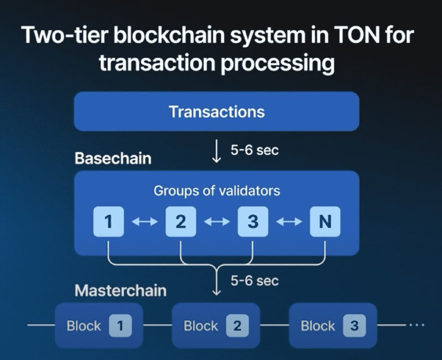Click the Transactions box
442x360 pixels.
[217, 112]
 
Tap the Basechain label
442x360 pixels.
[113, 158]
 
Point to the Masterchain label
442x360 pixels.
[120, 290]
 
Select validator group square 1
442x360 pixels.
[108, 222]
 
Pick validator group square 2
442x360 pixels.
[181, 222]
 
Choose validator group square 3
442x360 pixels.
[252, 222]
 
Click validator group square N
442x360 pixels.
[325, 222]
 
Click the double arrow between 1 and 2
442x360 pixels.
[145, 222]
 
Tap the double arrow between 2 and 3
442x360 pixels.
[217, 222]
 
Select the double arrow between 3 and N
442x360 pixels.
[289, 222]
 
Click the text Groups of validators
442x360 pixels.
[217, 191]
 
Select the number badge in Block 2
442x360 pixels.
[237, 326]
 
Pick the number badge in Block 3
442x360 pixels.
[354, 326]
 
